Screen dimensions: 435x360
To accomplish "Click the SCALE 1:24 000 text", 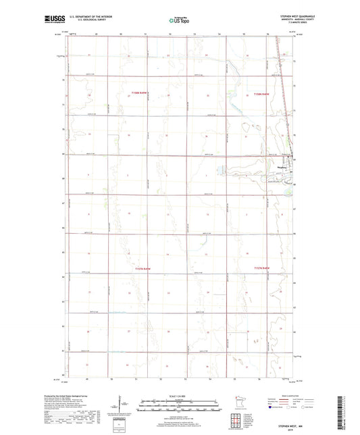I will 180,396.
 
